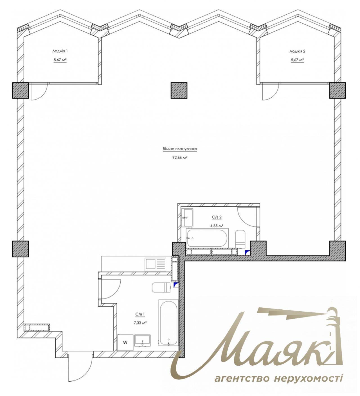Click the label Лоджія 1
(x=60, y=51)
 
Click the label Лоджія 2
(x=297, y=51)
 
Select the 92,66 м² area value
(x=180, y=158)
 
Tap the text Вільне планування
(x=179, y=149)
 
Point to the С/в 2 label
(x=217, y=217)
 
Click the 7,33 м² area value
(x=140, y=323)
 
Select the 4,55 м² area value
(x=217, y=225)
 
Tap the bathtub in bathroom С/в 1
(x=168, y=322)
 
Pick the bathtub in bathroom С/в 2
(x=207, y=238)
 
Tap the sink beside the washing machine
(x=143, y=341)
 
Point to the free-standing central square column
(x=179, y=90)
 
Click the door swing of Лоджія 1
(x=38, y=91)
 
